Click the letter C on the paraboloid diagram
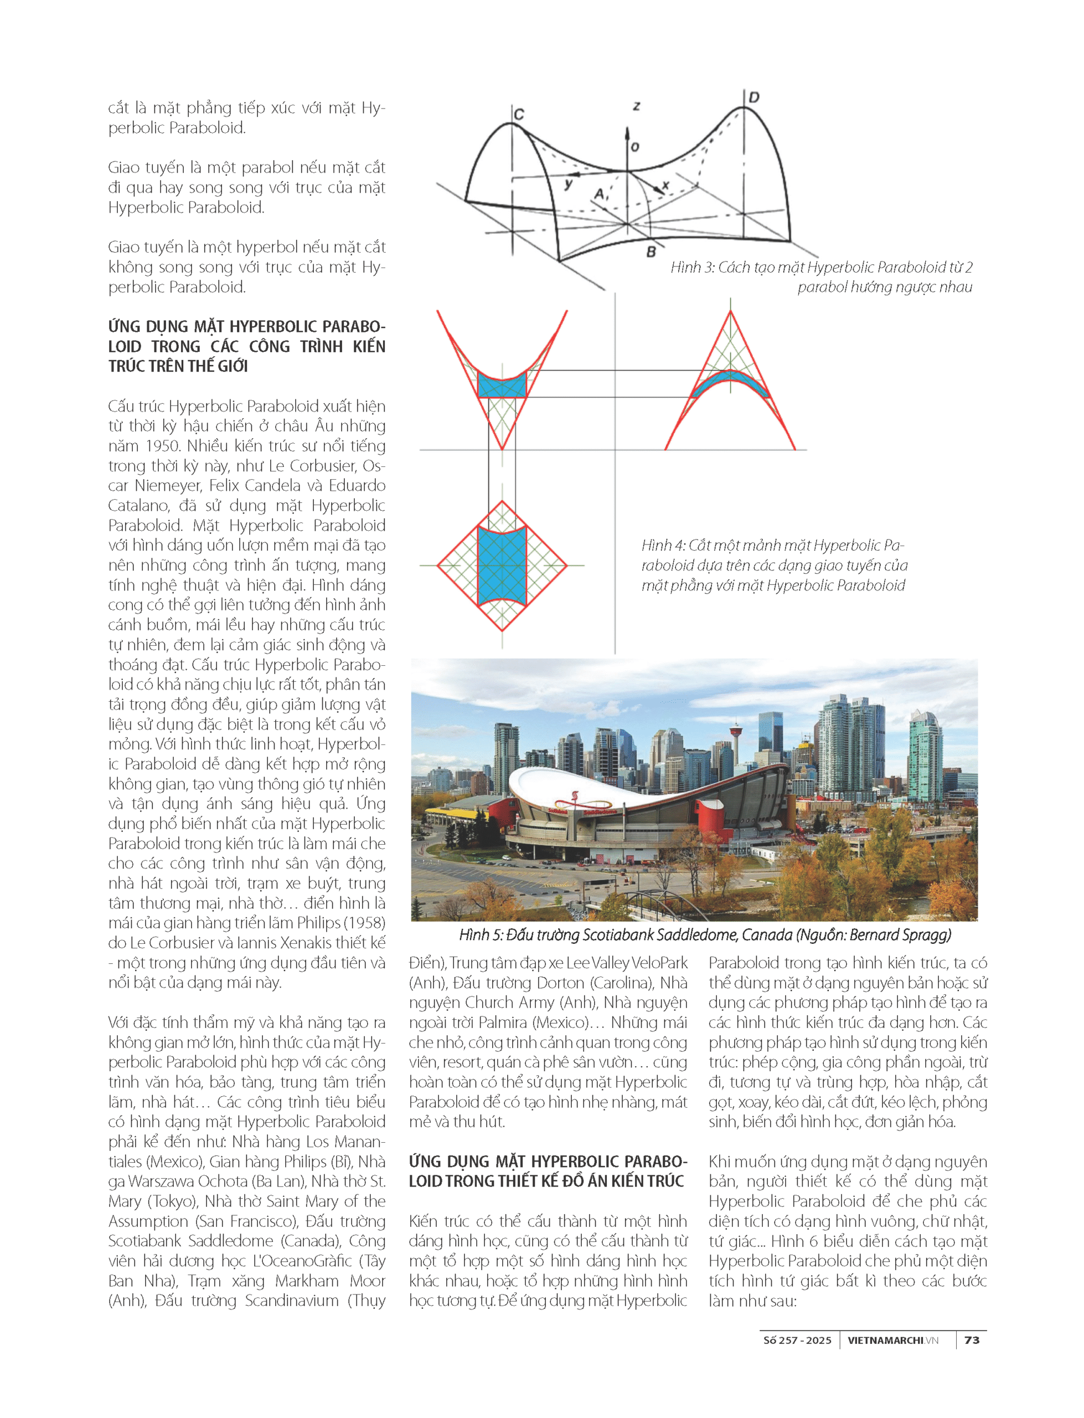tap(519, 114)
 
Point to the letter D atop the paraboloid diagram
tap(753, 97)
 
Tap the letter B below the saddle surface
tap(651, 251)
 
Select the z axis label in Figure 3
tap(636, 105)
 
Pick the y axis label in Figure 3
tap(568, 184)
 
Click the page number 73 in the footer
tap(972, 1340)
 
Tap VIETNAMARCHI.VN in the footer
tap(893, 1340)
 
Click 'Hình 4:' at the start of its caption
tap(663, 546)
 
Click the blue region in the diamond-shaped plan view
tap(502, 565)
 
